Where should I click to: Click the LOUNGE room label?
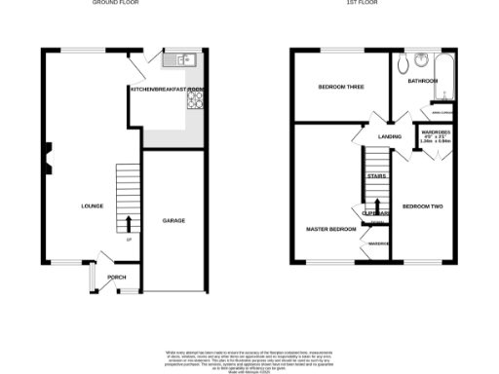(92, 206)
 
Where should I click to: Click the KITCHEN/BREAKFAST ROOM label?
(168, 90)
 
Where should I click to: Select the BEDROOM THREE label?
(340, 88)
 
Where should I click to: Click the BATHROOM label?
(424, 82)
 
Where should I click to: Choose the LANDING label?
(391, 137)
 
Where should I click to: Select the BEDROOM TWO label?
(423, 206)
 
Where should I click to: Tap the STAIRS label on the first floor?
(376, 176)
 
